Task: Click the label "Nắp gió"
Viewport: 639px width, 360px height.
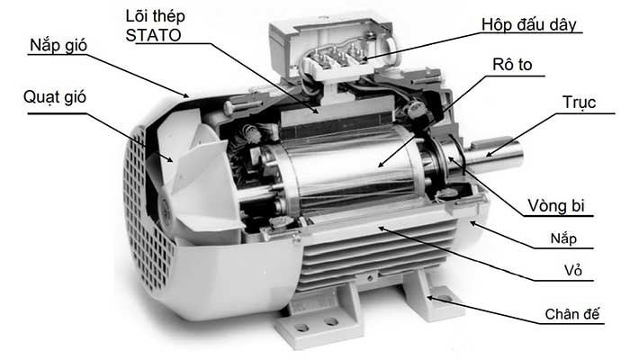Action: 58,45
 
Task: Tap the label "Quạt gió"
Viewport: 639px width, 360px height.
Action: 55,97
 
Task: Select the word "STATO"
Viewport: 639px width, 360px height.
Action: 153,35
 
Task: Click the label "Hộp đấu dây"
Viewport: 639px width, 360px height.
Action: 529,25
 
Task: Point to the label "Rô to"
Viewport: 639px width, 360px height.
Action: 512,65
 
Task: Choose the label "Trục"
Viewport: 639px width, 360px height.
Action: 579,103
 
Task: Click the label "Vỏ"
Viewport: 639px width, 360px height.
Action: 573,270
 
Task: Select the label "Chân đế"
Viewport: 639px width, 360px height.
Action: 572,314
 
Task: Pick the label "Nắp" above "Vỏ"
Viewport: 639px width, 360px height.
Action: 563,238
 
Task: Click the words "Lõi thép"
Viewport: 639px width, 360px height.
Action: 156,16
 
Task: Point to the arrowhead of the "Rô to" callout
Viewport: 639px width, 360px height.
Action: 381,165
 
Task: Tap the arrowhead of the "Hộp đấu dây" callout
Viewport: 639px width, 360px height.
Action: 364,59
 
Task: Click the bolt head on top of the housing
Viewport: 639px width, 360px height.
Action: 229,108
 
